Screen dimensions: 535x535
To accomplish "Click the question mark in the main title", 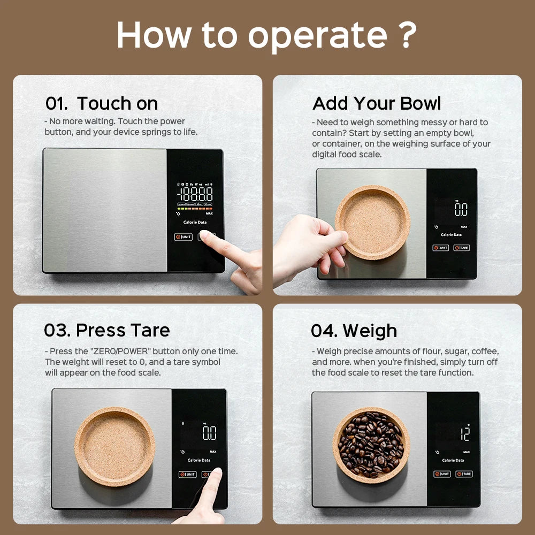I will [x=407, y=35].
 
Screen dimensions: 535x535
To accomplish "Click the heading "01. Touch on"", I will [x=102, y=103].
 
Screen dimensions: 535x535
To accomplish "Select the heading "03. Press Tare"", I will [x=107, y=330].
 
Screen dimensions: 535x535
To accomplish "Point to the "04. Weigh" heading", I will [x=354, y=331].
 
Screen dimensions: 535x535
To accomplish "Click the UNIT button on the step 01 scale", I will [x=183, y=236].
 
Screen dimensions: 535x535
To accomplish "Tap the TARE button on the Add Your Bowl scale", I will [x=462, y=248].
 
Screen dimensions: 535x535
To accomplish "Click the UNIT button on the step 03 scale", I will [x=188, y=475].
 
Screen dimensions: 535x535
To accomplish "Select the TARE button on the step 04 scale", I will [x=464, y=474].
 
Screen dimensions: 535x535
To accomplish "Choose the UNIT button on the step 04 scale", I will [x=442, y=474].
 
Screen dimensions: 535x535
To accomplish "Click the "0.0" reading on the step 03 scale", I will [x=209, y=433].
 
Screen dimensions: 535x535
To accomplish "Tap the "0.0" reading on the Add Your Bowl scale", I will [x=461, y=209].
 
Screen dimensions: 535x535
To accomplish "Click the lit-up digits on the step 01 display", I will [x=195, y=194].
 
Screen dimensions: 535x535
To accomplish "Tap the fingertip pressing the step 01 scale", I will [x=205, y=236].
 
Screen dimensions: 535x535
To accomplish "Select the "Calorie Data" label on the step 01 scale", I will [x=195, y=222].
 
